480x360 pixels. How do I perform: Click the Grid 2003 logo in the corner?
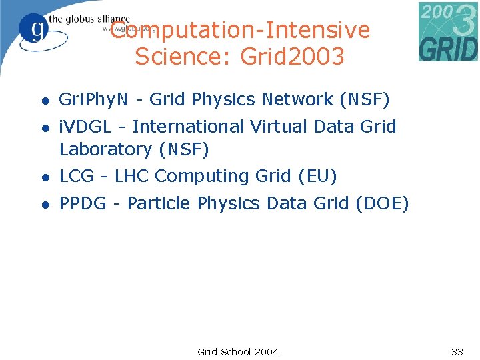[x=448, y=31]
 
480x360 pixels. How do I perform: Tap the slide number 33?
[x=457, y=351]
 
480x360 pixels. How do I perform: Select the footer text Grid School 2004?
[x=238, y=351]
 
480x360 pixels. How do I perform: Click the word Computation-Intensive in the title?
[x=240, y=31]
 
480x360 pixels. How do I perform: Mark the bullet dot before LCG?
[x=45, y=177]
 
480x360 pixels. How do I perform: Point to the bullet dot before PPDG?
[x=45, y=205]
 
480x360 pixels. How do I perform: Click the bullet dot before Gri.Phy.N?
[x=45, y=101]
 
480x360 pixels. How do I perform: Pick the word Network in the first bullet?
[x=298, y=100]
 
